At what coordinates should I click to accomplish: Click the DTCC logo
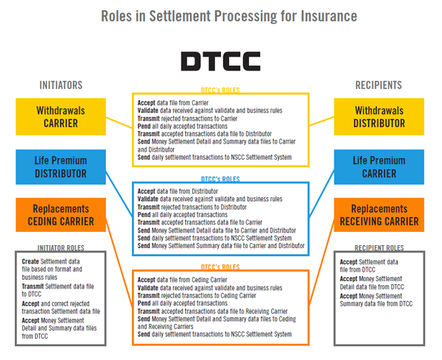point(220,60)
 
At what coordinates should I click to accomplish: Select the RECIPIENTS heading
point(378,85)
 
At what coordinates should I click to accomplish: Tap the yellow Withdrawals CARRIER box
point(62,117)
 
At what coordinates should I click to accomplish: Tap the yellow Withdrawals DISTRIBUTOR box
point(379,117)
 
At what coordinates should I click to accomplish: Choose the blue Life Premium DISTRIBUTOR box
point(60,167)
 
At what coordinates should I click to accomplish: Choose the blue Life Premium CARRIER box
point(379,167)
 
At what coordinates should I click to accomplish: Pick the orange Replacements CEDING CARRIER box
point(60,215)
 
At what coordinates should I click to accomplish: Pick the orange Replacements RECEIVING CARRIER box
point(379,215)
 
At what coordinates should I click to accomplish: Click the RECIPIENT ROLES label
point(379,248)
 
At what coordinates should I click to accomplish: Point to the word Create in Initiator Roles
point(31,261)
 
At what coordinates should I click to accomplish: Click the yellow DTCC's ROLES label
point(220,91)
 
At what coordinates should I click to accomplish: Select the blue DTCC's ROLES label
point(220,179)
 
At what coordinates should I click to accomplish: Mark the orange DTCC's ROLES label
point(220,267)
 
